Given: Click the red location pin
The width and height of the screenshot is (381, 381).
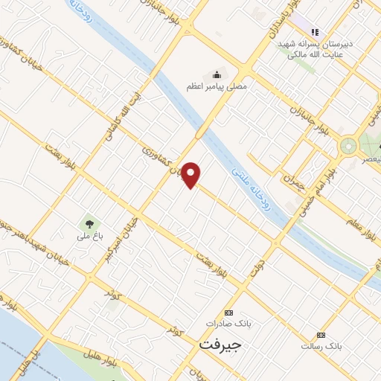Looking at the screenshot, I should [x=192, y=175].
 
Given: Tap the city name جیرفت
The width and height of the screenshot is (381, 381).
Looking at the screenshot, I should [x=221, y=347].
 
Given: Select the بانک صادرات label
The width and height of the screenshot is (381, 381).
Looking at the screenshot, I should [x=229, y=324].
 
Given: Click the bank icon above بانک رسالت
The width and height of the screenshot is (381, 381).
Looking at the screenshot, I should [x=321, y=335].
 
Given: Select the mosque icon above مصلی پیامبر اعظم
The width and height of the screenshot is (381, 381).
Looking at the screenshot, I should [x=217, y=74].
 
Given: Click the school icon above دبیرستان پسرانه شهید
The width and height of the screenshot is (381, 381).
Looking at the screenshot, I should [x=315, y=33].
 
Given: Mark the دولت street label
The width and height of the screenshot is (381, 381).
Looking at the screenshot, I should [x=259, y=268].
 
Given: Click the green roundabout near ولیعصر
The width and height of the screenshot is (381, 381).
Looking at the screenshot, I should [x=348, y=145].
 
